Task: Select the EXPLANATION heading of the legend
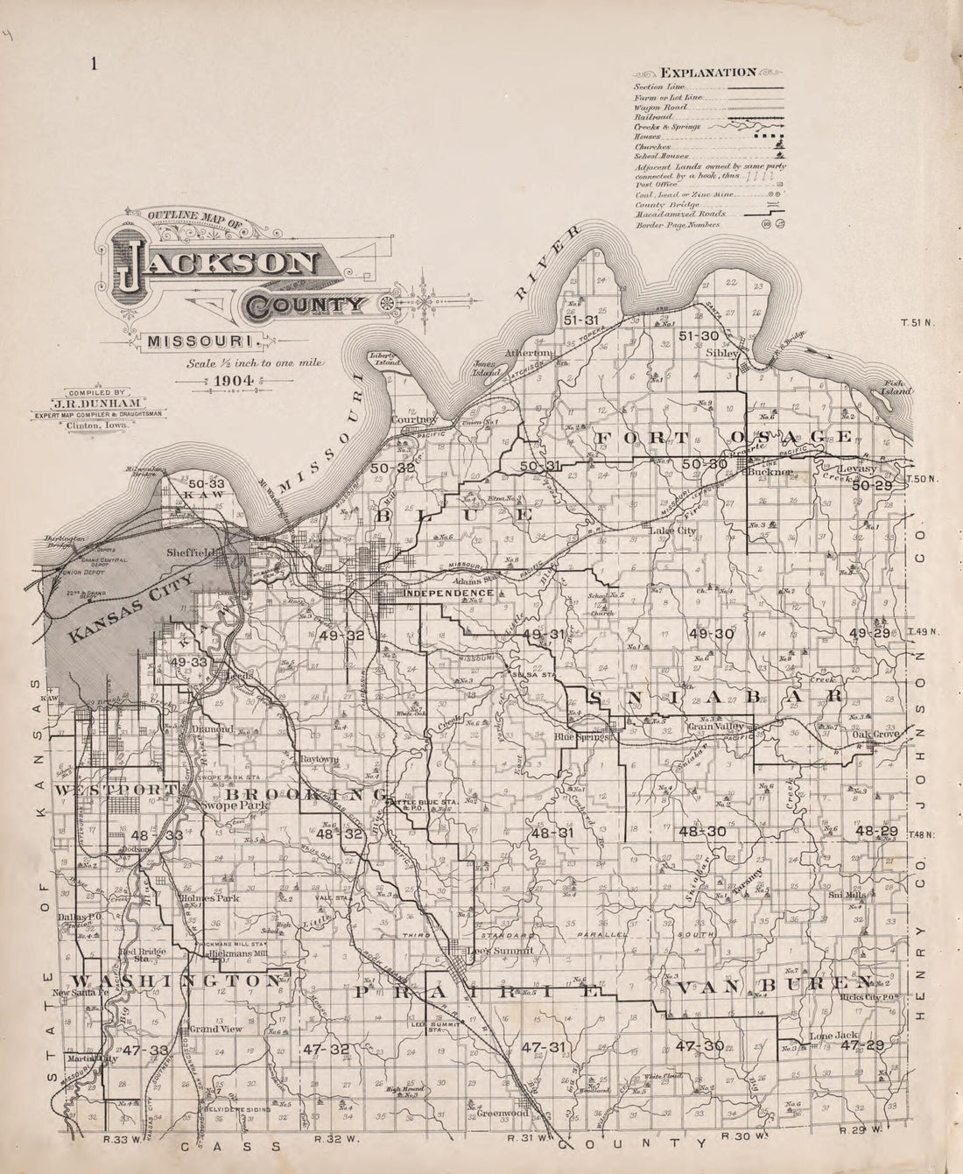click(x=708, y=72)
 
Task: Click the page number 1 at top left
click(x=93, y=64)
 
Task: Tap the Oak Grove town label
click(x=876, y=736)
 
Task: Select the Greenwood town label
click(x=503, y=1114)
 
